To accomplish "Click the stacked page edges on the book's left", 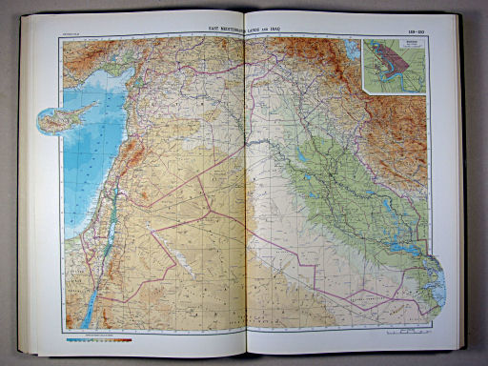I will click(x=26, y=191).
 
